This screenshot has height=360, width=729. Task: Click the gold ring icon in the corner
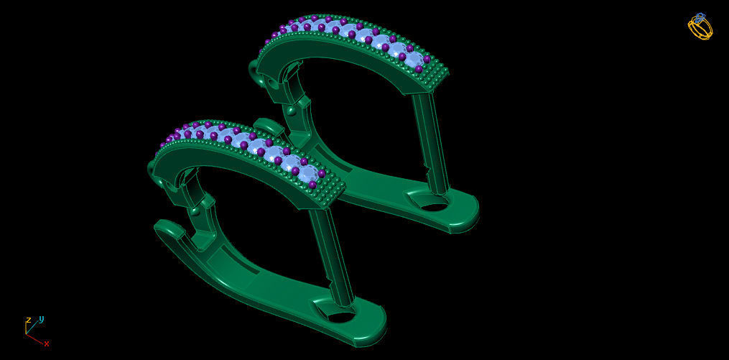[700, 27]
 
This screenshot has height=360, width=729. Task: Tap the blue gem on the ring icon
[700, 17]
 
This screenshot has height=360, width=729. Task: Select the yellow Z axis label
[28, 320]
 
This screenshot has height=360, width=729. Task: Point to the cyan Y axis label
[41, 318]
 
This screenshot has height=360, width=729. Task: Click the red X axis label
[47, 343]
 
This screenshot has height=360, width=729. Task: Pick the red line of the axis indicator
[35, 338]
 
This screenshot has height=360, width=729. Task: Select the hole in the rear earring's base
[434, 206]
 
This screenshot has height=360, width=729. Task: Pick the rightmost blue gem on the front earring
[307, 175]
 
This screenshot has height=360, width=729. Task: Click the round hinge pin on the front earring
[194, 211]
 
